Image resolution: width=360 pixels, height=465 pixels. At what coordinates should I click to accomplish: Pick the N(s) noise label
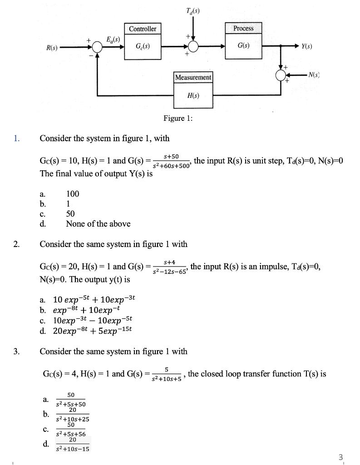point(314,74)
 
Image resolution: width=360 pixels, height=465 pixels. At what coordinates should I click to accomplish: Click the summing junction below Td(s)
point(193,47)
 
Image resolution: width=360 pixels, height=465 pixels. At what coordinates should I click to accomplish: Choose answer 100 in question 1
point(73,194)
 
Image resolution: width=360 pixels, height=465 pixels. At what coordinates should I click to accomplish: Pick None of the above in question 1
point(98,224)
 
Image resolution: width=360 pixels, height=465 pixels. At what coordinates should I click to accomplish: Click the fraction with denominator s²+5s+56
point(70,430)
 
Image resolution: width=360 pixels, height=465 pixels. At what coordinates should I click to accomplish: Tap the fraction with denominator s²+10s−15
point(72,445)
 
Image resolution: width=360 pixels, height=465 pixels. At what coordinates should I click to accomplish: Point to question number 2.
point(16,244)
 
